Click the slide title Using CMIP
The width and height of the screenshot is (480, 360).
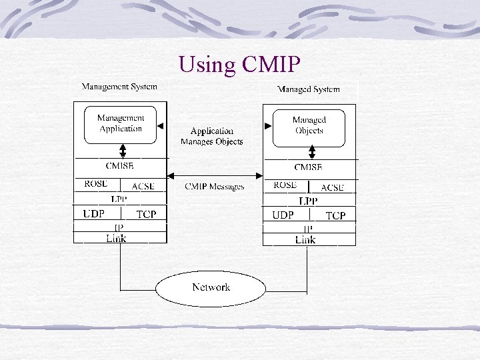240,65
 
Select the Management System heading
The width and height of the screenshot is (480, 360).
119,87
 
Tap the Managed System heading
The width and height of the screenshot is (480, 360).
308,89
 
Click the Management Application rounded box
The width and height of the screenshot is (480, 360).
121,124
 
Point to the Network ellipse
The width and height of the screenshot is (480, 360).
211,287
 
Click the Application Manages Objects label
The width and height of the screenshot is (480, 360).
211,136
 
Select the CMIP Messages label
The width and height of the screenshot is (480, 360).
214,186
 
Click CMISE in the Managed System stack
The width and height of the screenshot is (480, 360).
308,167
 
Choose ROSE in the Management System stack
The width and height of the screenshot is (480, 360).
97,184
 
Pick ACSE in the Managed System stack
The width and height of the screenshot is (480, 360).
332,187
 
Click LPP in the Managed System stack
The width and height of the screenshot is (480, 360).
308,201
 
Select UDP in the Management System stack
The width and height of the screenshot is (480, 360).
95,214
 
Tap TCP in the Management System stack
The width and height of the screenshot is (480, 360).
146,215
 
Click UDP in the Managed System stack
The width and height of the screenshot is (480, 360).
283,215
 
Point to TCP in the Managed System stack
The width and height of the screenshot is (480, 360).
335,215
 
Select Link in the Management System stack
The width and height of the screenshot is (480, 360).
116,238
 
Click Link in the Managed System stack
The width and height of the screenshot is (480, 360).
305,239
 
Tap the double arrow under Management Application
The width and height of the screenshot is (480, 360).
122,150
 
